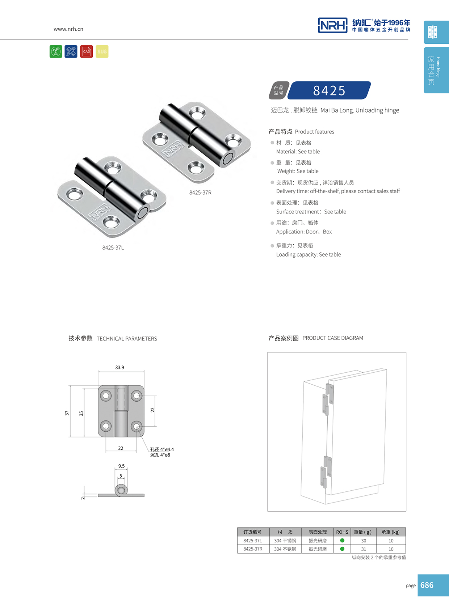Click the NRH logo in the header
tap(332, 25)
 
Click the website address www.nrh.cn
tap(68, 29)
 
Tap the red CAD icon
tap(87, 51)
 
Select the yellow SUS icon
tap(102, 51)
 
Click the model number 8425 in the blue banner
tap(329, 90)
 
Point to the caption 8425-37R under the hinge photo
tap(200, 193)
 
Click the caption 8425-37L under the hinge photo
tap(113, 248)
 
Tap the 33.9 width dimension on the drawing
tap(119, 367)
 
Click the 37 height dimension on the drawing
tap(67, 413)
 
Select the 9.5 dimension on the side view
tap(121, 466)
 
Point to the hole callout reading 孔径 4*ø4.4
tap(162, 449)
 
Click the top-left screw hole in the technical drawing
tap(106, 396)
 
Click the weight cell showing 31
tap(364, 549)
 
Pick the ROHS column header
tap(342, 532)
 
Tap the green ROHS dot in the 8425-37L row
tap(342, 541)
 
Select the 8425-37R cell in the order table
tap(253, 549)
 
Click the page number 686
tap(427, 585)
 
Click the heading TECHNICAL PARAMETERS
tap(127, 339)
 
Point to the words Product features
tap(314, 132)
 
